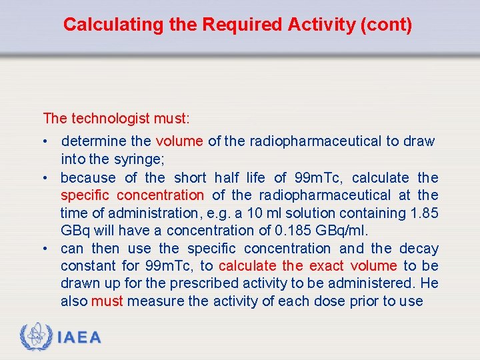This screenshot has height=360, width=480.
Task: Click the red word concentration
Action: (161, 195)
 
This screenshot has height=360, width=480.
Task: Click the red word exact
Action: (327, 266)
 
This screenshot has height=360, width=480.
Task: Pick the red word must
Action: (107, 301)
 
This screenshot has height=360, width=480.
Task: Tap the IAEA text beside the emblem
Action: (79, 337)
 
